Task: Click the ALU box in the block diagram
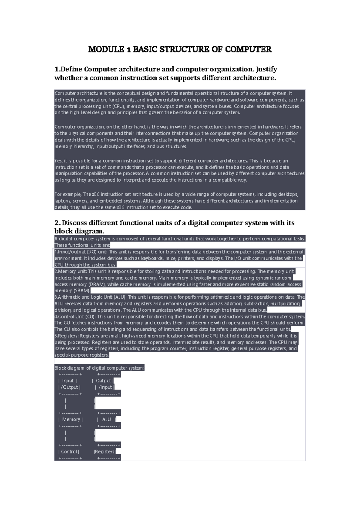click(x=106, y=420)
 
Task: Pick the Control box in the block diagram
click(x=69, y=452)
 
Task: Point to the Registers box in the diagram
click(x=105, y=452)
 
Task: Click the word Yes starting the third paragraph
click(x=58, y=161)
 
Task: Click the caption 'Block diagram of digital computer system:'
click(x=99, y=368)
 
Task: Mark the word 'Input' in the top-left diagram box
click(x=68, y=381)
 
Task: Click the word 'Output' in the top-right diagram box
click(x=103, y=381)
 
